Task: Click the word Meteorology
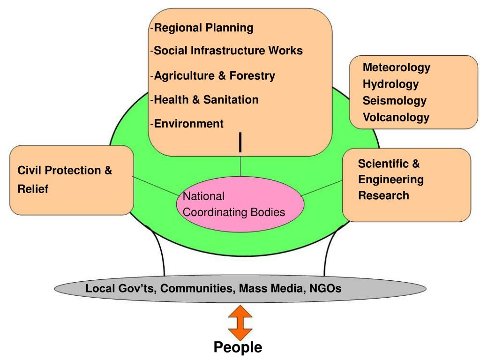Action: click(x=396, y=67)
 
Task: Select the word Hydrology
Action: click(x=390, y=84)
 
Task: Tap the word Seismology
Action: click(x=394, y=101)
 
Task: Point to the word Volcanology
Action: click(x=396, y=117)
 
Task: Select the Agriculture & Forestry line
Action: click(x=214, y=75)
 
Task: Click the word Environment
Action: click(x=189, y=124)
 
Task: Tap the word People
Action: click(x=238, y=347)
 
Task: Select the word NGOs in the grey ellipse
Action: click(x=325, y=288)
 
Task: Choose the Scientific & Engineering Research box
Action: click(x=406, y=185)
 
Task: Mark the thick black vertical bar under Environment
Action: click(x=240, y=142)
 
